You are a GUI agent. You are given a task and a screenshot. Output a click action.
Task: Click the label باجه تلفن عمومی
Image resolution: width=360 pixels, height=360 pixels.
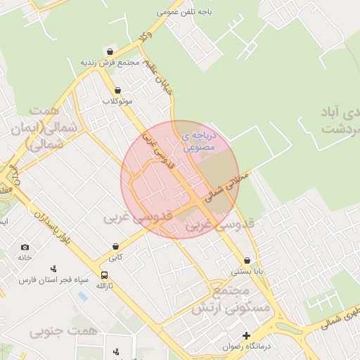coord(176,12)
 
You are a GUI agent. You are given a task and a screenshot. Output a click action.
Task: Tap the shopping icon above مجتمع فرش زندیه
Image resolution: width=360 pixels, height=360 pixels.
coord(110,51)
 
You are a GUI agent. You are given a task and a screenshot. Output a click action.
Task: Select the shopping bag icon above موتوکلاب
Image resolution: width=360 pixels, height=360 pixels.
coord(117,90)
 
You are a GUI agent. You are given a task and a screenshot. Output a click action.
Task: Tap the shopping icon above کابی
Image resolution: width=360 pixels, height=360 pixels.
coord(115,247)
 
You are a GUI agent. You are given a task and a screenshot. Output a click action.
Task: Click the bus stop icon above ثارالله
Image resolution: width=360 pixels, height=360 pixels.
coord(104,275)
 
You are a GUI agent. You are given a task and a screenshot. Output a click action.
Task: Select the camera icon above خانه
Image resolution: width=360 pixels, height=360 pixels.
coord(25,247)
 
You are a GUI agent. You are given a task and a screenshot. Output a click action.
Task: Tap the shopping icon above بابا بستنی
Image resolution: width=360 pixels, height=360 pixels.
coord(247,260)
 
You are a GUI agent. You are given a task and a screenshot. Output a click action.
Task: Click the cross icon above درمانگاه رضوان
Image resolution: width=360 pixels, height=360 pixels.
coord(246,335)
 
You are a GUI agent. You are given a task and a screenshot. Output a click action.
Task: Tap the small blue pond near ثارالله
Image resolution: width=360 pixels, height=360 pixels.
coord(83,296)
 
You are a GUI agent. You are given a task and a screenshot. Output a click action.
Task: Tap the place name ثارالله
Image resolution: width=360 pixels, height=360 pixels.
coord(104,286)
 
